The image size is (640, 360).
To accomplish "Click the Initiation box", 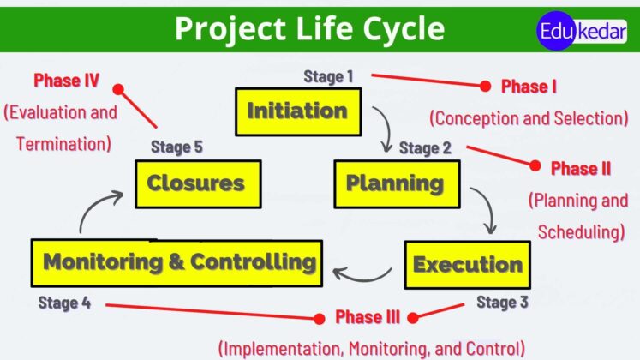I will [x=297, y=111].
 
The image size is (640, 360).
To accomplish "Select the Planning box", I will [x=395, y=183].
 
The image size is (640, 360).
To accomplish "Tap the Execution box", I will [x=467, y=264].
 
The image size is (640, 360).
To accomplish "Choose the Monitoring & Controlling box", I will [x=178, y=262].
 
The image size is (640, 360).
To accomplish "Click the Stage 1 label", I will [x=328, y=76].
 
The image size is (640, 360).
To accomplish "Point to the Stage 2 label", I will [x=425, y=147].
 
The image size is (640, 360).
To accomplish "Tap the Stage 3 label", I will [x=502, y=302].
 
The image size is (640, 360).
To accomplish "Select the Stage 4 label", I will [x=63, y=302].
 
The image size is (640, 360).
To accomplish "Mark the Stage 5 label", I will [x=176, y=147].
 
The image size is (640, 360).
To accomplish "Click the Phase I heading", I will [x=529, y=87].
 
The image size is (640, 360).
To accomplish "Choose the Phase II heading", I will [x=581, y=168].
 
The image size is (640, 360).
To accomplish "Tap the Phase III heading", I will [x=368, y=318].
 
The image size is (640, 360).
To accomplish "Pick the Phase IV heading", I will [x=67, y=81].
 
